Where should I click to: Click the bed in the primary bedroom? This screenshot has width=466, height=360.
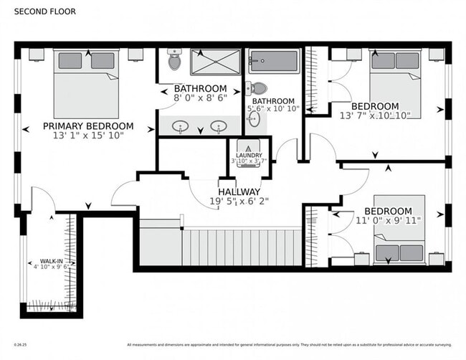[86, 85]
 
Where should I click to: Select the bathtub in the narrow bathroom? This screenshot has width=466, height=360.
[273, 62]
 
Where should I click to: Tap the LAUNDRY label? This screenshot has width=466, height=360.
[249, 155]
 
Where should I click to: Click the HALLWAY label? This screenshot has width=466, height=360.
[239, 192]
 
